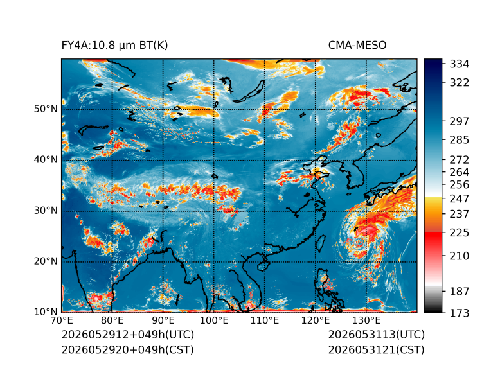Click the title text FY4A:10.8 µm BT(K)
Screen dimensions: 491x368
114,46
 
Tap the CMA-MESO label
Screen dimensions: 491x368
357,46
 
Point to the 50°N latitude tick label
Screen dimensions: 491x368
46,109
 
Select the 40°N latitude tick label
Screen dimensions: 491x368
46,159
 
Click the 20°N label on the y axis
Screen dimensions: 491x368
46,261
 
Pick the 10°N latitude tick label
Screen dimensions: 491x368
46,311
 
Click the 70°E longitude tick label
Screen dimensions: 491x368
62,320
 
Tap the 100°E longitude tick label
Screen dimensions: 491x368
214,320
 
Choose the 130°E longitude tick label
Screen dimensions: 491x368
366,320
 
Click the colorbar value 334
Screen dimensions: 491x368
460,64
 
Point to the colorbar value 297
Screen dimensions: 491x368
460,121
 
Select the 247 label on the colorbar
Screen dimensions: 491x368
460,198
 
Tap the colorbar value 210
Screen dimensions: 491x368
460,256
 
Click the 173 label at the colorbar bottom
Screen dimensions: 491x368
460,313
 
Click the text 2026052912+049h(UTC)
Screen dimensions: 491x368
128,335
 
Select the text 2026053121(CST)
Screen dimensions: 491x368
377,350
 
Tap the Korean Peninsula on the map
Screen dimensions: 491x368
358,173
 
